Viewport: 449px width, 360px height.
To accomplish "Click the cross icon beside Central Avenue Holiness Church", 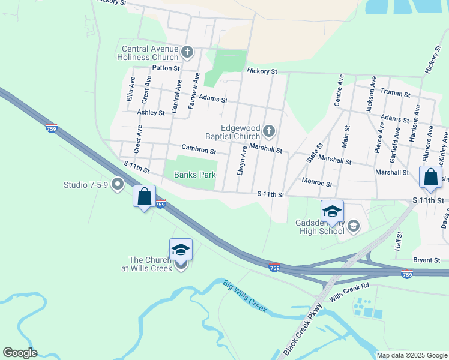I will click(187, 52).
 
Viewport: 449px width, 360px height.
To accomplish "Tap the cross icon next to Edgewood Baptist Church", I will click(269, 131).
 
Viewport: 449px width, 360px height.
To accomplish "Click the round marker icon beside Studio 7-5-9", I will click(118, 184).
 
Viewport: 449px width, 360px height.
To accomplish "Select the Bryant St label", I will click(426, 260).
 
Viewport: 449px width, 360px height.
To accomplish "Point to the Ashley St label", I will click(151, 112).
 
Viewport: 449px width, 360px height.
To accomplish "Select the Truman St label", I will click(395, 94).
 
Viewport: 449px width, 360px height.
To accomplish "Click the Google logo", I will click(20, 353).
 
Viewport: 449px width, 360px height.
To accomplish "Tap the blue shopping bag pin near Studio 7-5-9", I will click(144, 196).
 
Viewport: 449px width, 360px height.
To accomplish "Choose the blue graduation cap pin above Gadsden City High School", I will click(332, 211).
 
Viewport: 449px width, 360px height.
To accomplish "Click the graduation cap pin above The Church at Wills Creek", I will click(181, 249).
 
